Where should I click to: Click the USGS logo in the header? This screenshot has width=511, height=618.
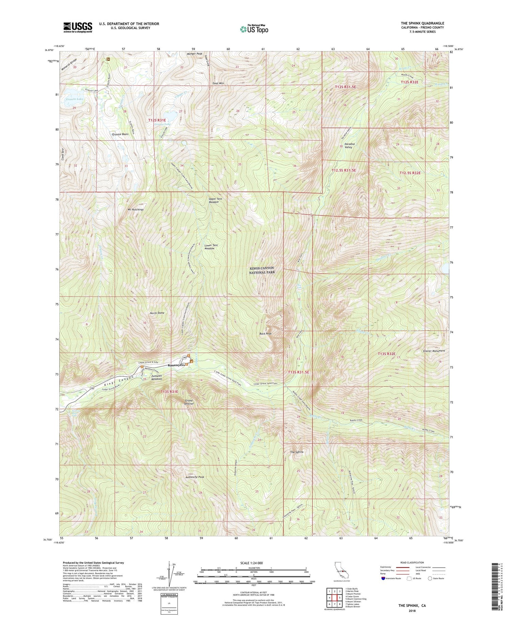(x=78, y=27)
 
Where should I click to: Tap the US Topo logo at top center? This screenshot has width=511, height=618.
(x=253, y=29)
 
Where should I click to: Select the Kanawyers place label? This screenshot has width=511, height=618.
(x=176, y=365)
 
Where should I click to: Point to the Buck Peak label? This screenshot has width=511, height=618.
(x=265, y=334)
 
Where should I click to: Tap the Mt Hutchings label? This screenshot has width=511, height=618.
(x=136, y=209)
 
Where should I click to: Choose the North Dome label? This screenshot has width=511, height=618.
(x=157, y=313)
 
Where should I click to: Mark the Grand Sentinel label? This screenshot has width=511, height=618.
(x=189, y=402)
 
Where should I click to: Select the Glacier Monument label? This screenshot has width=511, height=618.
(x=434, y=351)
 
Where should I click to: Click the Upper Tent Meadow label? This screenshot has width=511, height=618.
(x=213, y=200)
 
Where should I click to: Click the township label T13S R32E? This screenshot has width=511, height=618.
(x=386, y=354)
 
